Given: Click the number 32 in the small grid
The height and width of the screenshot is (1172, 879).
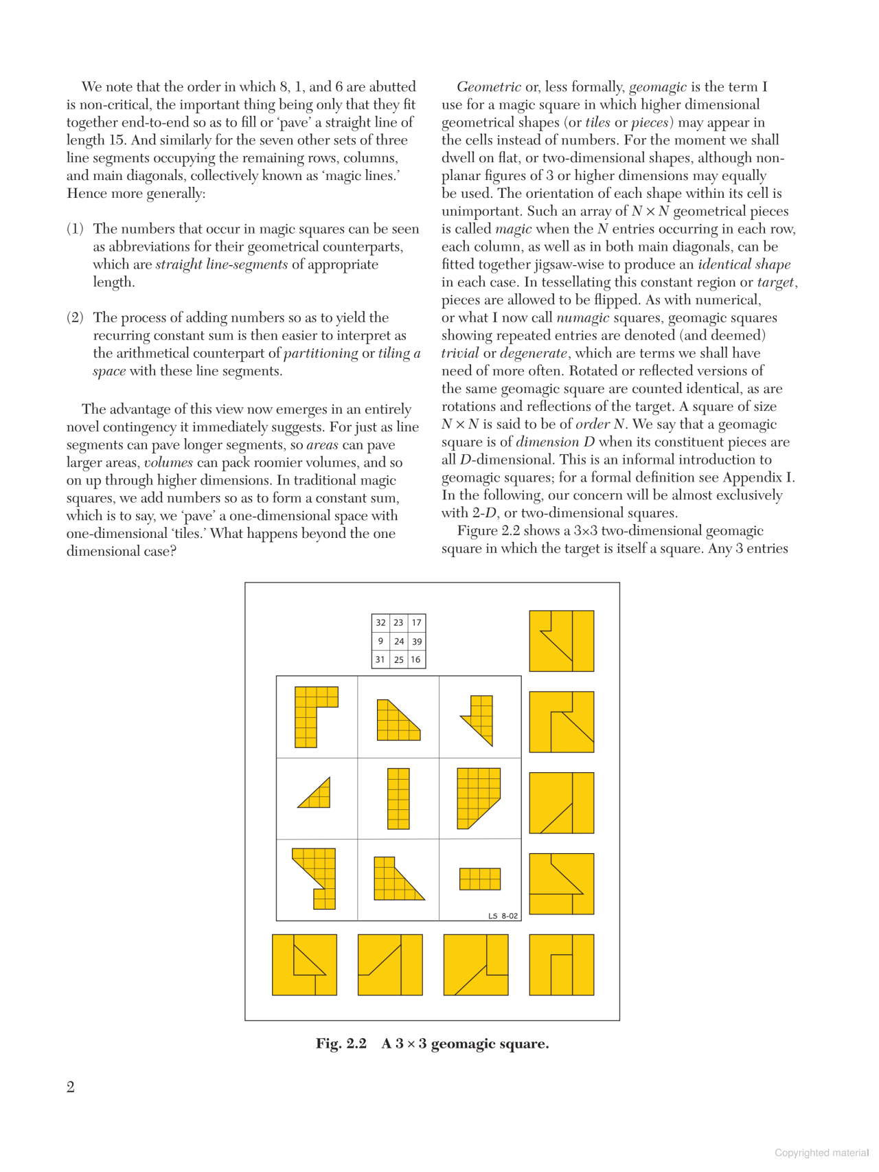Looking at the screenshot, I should [380, 623].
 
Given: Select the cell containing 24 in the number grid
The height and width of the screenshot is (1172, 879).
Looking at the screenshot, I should [399, 642].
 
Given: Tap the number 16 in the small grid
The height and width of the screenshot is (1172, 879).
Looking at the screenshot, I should [415, 660].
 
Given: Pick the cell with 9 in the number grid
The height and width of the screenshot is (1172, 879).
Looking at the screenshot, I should [380, 641].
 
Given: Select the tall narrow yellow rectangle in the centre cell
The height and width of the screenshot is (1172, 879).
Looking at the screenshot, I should [398, 799].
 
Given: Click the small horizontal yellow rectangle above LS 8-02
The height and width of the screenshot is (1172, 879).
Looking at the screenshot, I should [479, 879].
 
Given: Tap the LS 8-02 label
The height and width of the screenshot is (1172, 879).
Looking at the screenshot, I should [503, 916].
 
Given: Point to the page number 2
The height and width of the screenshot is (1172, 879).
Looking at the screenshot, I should [71, 1087].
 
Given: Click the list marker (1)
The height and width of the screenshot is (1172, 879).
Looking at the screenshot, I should [75, 229].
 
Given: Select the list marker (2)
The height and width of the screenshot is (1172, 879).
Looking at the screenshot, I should [75, 317].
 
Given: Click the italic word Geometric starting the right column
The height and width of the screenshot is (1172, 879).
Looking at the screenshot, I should [488, 87].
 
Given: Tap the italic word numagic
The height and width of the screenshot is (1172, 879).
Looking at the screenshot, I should [582, 317].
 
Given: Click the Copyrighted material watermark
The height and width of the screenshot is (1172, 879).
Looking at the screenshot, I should [821, 1153].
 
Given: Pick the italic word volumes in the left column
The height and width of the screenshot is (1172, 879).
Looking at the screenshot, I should [168, 462].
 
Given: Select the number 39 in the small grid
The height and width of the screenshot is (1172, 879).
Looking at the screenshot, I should [416, 642].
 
